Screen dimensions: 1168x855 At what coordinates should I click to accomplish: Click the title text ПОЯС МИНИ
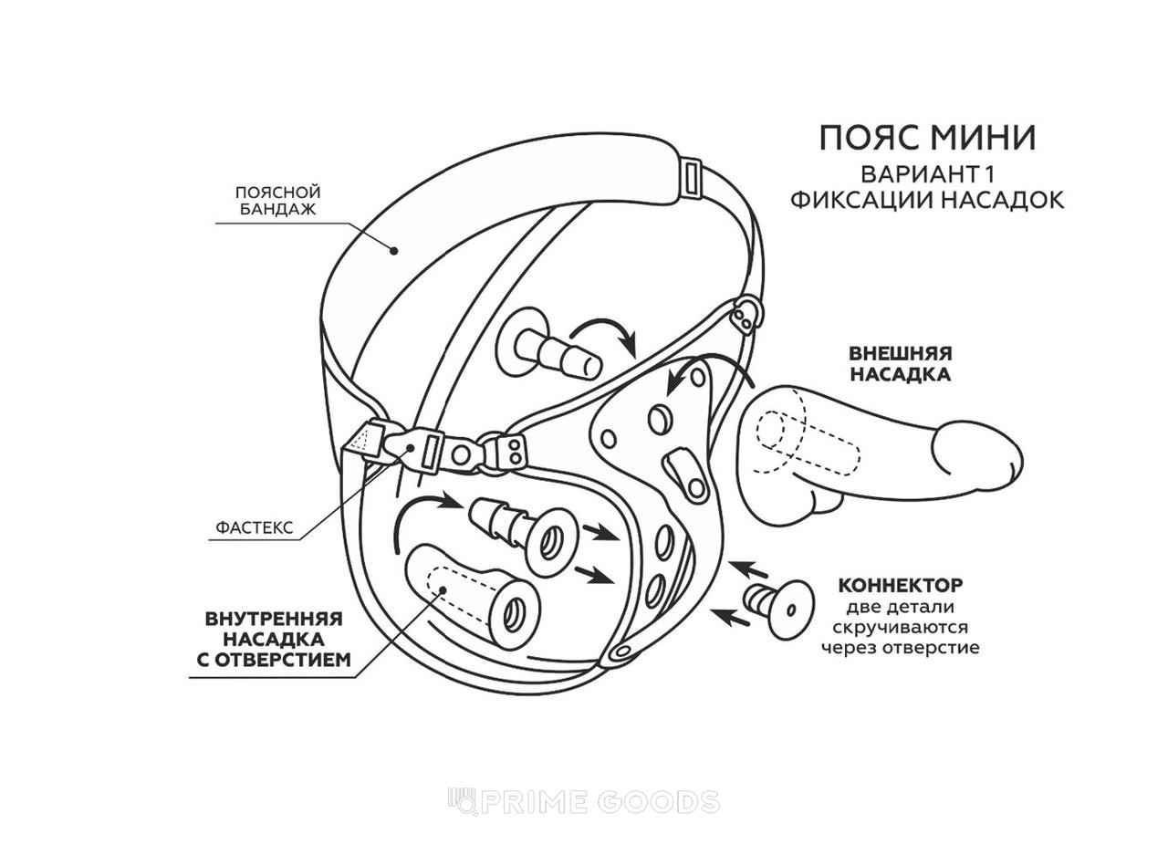(x=928, y=138)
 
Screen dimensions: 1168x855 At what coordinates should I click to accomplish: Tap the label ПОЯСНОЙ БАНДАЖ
(x=278, y=201)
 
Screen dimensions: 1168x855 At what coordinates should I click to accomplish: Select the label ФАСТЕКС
(x=255, y=528)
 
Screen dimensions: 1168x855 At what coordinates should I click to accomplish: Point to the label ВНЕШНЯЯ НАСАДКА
(x=901, y=363)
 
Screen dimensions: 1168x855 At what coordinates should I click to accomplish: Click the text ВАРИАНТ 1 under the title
(x=927, y=174)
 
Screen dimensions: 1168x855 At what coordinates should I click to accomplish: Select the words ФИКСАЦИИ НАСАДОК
(x=927, y=201)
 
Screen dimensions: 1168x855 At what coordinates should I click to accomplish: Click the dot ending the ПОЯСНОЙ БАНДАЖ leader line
(x=395, y=251)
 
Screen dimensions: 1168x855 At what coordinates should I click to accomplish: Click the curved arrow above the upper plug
(x=606, y=333)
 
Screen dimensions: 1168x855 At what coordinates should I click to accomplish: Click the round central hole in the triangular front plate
(x=659, y=419)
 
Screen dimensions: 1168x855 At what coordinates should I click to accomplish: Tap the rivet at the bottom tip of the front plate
(x=622, y=652)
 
